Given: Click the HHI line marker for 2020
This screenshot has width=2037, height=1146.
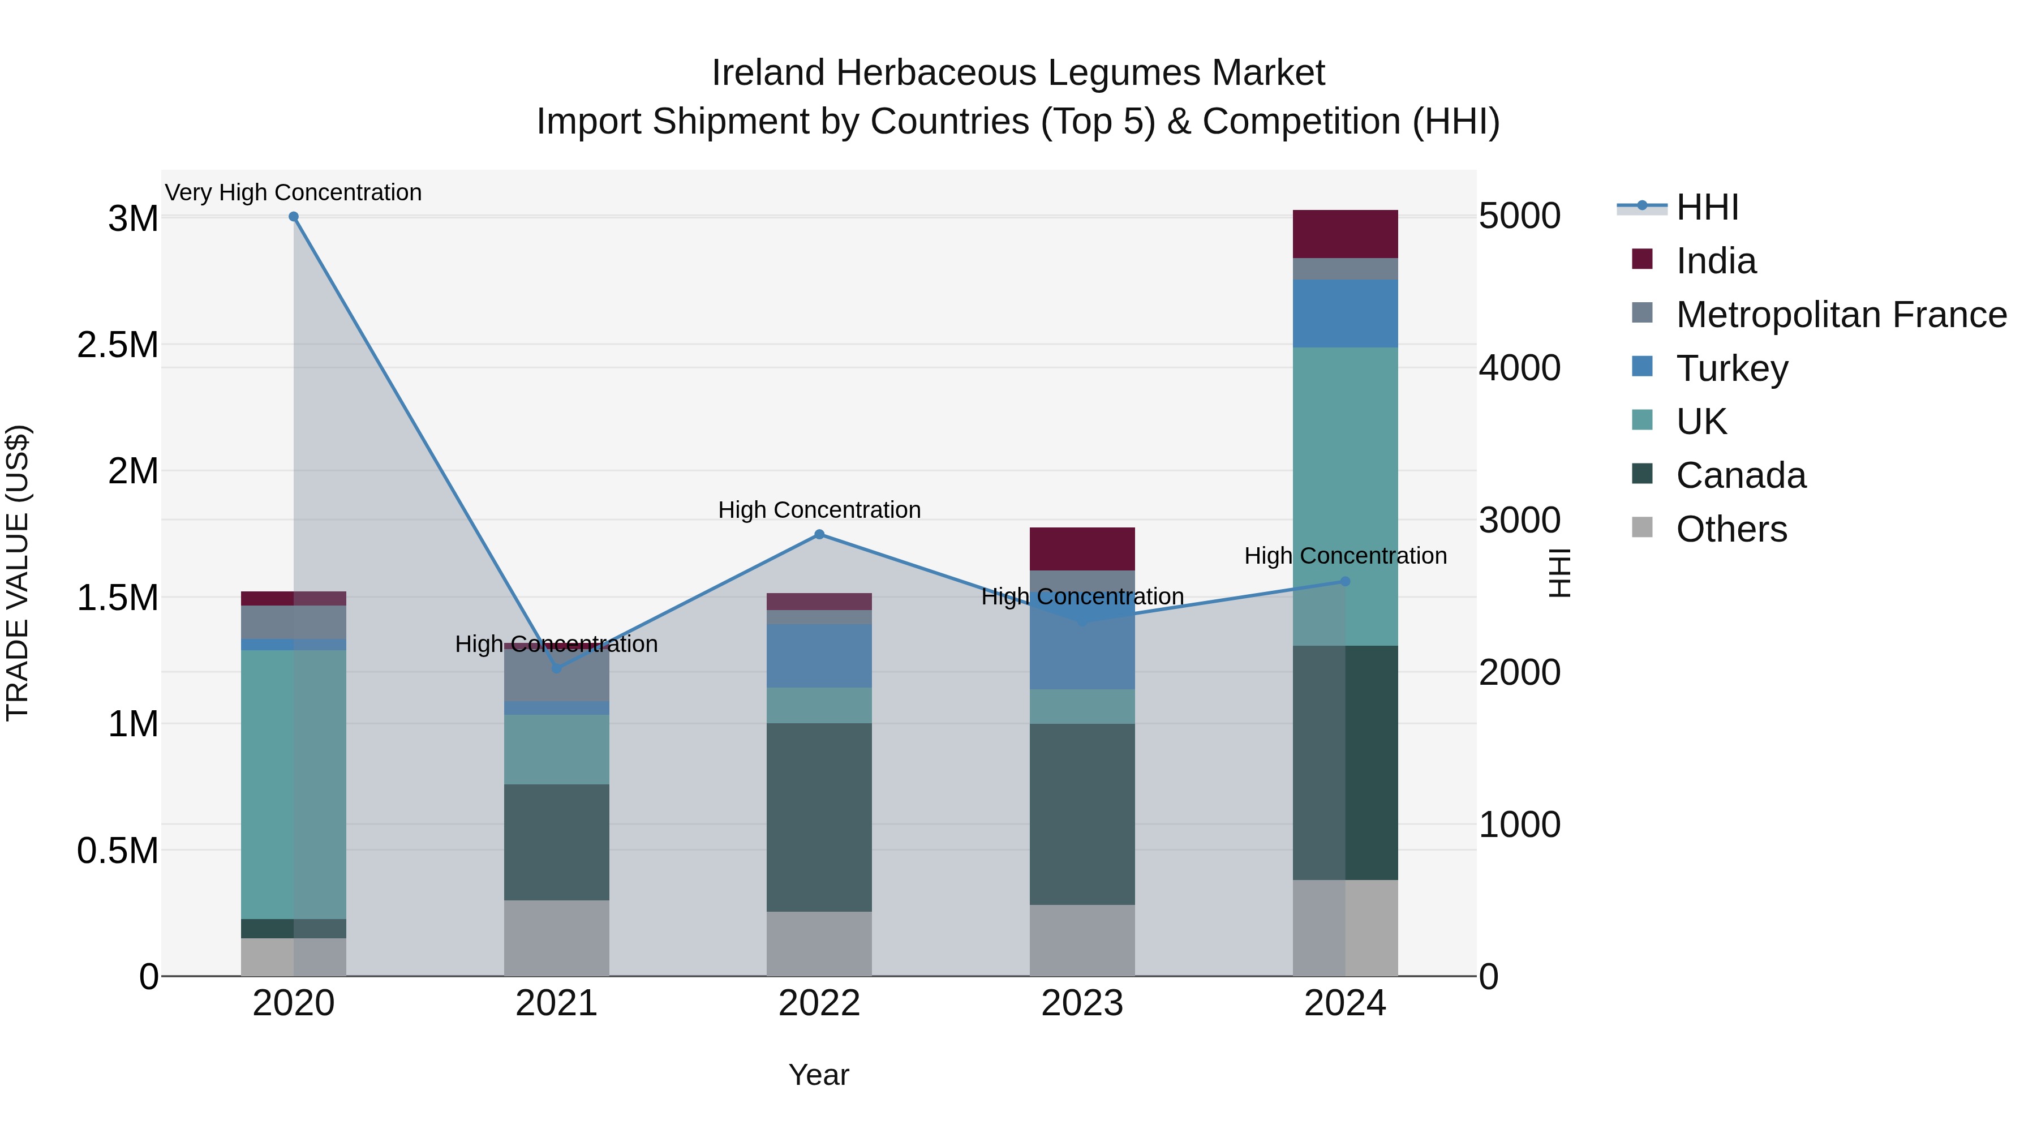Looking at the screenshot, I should (x=293, y=217).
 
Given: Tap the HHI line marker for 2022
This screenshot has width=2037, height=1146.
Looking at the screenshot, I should (x=819, y=535).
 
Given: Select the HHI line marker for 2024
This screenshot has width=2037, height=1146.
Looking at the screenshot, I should (x=1345, y=581).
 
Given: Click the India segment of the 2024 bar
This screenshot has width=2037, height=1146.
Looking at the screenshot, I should (x=1345, y=234).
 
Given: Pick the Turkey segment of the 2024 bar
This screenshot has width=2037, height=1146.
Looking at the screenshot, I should (x=1345, y=313).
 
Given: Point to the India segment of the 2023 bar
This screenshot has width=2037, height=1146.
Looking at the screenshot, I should (x=1082, y=549).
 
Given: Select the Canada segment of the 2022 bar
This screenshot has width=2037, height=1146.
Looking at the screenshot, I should (x=819, y=817).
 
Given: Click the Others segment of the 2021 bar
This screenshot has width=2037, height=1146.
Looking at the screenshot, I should (x=557, y=938).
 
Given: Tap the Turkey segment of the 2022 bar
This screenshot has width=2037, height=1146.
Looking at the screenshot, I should (x=819, y=656).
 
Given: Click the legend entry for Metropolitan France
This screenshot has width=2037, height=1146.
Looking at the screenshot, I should (x=1841, y=315).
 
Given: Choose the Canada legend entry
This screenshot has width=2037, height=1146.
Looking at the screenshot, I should (x=1741, y=475).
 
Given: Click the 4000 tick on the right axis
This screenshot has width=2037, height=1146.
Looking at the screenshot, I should (x=1519, y=368).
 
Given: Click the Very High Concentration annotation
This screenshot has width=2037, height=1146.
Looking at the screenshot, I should (x=293, y=193).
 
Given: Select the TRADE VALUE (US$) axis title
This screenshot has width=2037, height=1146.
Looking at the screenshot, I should (x=18, y=573).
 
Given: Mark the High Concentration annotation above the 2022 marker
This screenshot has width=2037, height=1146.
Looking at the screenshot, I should (x=819, y=510).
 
